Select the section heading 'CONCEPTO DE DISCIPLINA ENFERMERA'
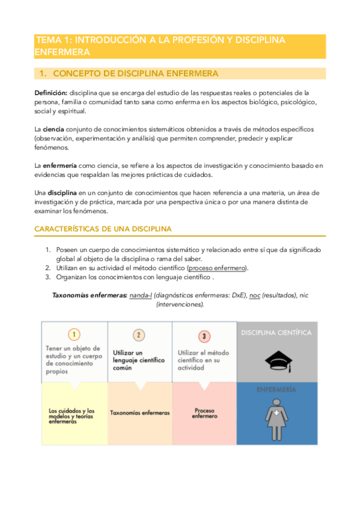pyautogui.click(x=135, y=73)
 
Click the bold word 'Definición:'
pyautogui.click(x=50, y=93)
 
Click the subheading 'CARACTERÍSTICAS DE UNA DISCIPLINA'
pyautogui.click(x=103, y=229)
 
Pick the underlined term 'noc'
pyautogui.click(x=255, y=295)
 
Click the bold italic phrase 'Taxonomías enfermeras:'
pyautogui.click(x=90, y=295)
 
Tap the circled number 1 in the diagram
pyautogui.click(x=74, y=334)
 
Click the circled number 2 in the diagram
pyautogui.click(x=139, y=334)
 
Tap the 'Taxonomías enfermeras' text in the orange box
pyautogui.click(x=139, y=413)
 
